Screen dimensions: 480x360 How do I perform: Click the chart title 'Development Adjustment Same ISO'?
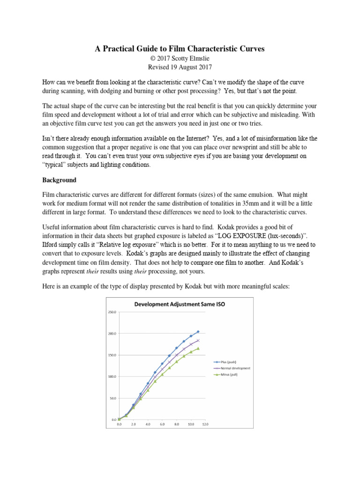point(180,304)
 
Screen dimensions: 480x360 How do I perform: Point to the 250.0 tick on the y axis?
point(112,312)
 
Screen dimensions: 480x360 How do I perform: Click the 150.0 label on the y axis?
point(112,355)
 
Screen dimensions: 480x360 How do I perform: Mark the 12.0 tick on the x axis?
point(205,424)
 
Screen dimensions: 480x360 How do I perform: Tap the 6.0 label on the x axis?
point(162,424)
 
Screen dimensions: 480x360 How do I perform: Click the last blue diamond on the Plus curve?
point(198,331)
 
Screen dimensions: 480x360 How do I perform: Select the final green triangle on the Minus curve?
point(198,348)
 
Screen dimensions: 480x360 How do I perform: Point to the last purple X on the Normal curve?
point(198,340)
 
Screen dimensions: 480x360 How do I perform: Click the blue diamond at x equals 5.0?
point(155,373)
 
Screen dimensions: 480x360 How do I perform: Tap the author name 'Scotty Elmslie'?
point(189,59)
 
